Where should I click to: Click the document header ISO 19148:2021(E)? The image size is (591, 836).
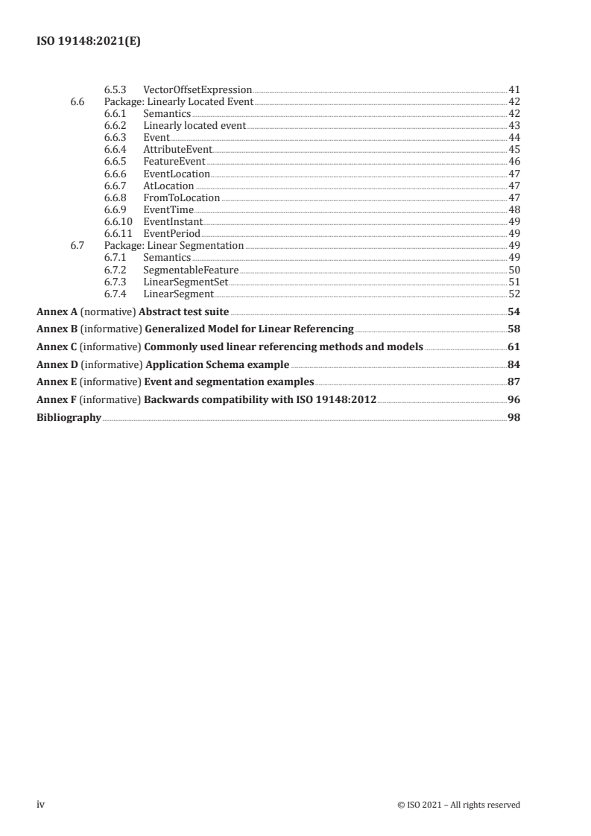coord(89,42)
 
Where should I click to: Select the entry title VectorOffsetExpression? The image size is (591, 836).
coord(197,89)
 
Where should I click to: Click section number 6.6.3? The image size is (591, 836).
coord(115,138)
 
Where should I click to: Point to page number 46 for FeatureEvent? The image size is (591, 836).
coord(513,162)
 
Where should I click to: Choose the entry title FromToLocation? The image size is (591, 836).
coord(181,197)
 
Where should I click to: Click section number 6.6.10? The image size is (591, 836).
coord(118,221)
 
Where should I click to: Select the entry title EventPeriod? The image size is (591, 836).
coord(172,233)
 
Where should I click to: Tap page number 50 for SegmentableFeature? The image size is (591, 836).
coord(513,270)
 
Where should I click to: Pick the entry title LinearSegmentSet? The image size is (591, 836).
coord(186,282)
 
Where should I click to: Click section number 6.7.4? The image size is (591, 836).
coord(115,294)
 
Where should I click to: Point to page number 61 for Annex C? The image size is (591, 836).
coord(513,346)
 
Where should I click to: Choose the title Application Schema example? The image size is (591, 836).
coord(216,364)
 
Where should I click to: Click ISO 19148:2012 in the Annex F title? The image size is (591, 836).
coord(338,400)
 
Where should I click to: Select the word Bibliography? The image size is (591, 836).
coord(69,418)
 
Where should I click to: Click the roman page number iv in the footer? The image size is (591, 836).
coord(41,804)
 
